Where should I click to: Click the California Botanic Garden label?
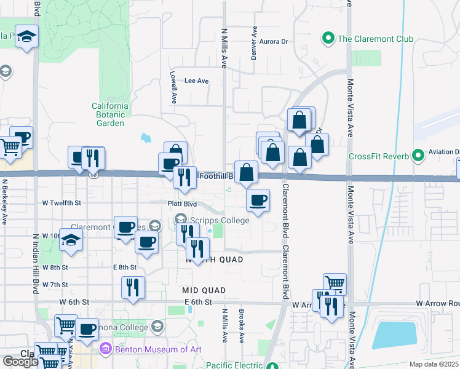[111, 114]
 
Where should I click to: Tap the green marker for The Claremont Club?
[328, 39]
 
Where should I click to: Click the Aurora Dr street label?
[274, 42]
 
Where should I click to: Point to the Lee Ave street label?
[197, 81]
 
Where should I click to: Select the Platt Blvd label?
[182, 203]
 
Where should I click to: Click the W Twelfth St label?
[61, 202]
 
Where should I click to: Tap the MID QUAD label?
[204, 290]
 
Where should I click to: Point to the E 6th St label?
[198, 302]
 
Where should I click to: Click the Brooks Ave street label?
[242, 331]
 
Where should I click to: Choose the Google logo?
[21, 362]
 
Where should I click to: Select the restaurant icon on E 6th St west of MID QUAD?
[133, 287]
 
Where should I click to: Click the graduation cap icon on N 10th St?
[71, 240]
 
